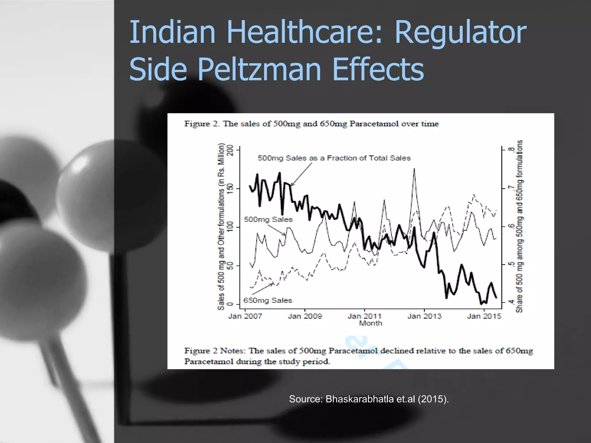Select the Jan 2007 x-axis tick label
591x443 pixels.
point(245,316)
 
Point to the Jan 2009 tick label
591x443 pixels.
point(305,316)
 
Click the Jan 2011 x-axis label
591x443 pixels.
point(364,316)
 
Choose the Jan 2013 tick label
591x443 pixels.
point(424,316)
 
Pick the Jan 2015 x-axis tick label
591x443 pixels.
point(484,316)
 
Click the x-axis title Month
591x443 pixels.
point(371,323)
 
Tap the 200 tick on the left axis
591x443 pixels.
point(230,150)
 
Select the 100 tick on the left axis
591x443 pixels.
point(230,227)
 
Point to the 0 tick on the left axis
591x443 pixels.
point(230,304)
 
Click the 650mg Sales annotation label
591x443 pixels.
point(268,301)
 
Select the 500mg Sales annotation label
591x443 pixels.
point(268,219)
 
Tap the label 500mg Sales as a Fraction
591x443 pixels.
point(334,158)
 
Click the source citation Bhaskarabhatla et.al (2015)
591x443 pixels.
point(369,399)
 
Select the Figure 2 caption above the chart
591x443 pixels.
point(311,124)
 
